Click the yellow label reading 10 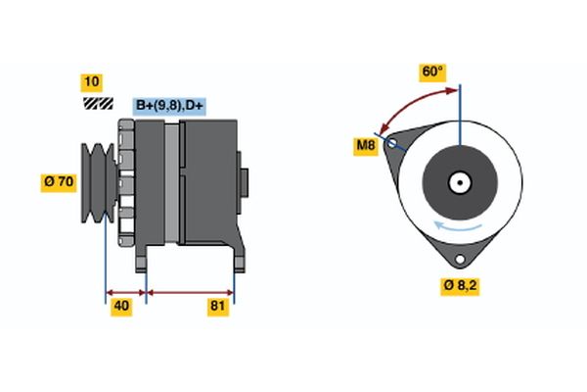[93, 81]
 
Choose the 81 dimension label [218, 308]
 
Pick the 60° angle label [432, 73]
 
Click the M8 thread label [365, 146]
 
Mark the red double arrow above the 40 [125, 291]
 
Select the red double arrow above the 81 [190, 291]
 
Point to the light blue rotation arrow [459, 227]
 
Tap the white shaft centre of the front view [460, 182]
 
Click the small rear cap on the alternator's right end [245, 182]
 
